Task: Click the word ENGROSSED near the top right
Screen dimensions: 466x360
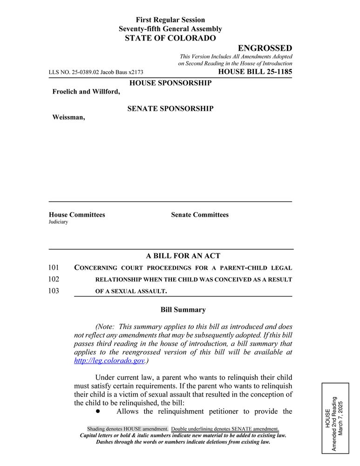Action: click(265, 48)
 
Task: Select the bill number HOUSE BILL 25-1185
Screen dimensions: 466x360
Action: click(255, 72)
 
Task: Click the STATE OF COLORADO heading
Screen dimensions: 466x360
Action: click(170, 38)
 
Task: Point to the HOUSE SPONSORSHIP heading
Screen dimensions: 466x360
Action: click(170, 83)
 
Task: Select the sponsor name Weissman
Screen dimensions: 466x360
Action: click(68, 117)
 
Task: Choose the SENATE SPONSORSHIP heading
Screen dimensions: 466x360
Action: click(170, 109)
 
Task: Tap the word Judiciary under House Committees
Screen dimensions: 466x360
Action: click(58, 222)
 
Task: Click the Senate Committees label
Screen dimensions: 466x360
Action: click(200, 215)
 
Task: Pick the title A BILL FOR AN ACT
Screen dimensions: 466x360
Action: click(183, 256)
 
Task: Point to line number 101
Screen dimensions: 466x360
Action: click(54, 267)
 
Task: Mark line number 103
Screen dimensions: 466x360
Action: click(54, 291)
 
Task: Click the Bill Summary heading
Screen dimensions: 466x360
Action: click(183, 309)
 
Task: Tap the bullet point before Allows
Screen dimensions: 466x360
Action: click(98, 411)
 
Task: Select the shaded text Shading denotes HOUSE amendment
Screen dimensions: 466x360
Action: click(128, 429)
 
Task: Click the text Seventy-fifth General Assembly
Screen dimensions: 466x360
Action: click(170, 29)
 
